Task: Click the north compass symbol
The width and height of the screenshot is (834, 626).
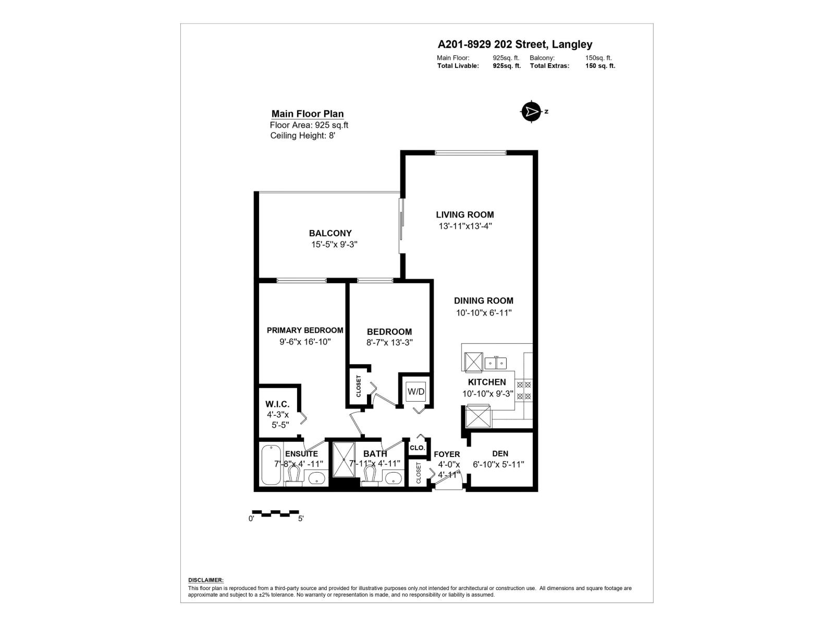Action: point(531,111)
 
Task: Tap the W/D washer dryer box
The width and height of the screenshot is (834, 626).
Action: point(416,391)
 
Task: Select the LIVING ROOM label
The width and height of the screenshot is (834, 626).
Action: point(465,214)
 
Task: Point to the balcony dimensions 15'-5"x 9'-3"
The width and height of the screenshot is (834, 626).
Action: point(334,244)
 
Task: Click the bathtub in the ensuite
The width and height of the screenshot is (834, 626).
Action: point(271,464)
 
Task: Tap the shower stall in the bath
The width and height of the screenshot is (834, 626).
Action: point(344,459)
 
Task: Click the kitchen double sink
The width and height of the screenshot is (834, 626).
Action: point(496,362)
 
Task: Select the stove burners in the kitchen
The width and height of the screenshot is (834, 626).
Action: point(524,391)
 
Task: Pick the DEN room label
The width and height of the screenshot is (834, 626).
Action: point(500,453)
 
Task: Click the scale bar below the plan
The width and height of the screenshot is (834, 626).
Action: point(275,513)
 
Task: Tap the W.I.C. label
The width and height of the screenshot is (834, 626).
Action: point(277,404)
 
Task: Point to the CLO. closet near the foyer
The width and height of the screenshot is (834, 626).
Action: point(418,448)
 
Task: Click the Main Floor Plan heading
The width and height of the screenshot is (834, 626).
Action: point(308,114)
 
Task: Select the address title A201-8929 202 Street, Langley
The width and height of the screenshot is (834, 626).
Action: point(514,45)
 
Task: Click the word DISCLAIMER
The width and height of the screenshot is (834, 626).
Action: point(205,580)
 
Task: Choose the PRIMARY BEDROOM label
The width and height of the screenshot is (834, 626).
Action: point(305,330)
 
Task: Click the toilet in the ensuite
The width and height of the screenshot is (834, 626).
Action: point(293,475)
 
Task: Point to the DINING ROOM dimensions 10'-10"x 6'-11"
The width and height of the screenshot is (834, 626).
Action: point(484,313)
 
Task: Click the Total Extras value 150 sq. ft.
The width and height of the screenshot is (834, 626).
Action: point(600,66)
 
